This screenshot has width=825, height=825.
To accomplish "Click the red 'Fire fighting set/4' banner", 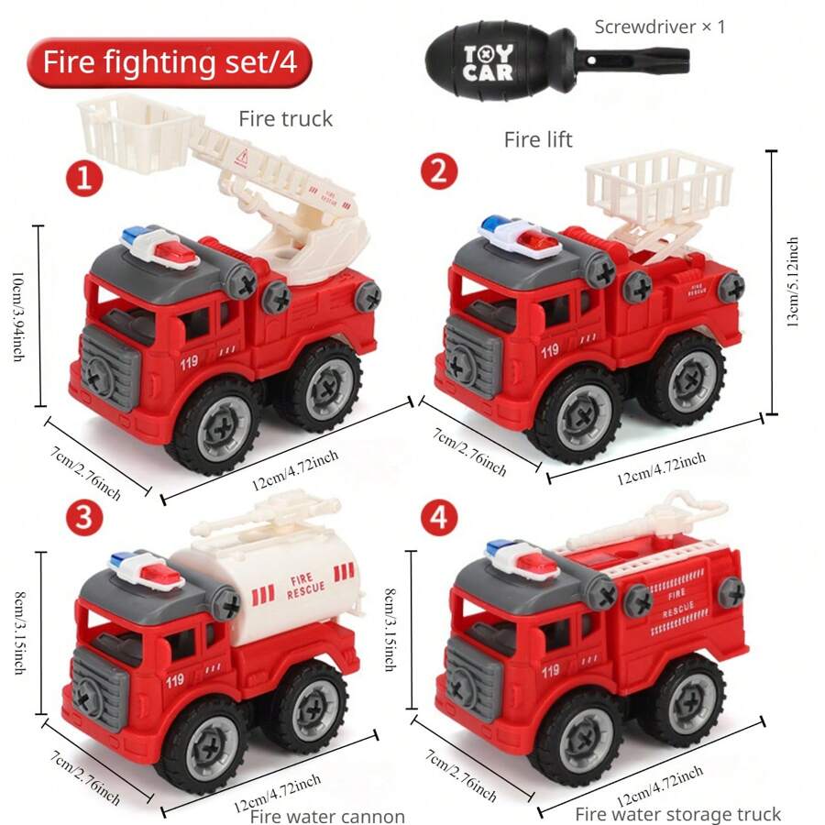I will pos(170,62).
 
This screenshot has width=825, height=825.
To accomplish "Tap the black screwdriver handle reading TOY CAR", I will pos(488,63).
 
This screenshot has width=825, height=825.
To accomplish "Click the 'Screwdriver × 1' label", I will pos(659,27).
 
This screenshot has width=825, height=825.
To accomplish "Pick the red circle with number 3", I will pos(84,518).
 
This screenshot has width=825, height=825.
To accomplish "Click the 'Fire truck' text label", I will pos(285,118).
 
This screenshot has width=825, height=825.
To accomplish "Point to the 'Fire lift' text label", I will pos(538,139).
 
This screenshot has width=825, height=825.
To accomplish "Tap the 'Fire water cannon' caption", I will pos(327,816).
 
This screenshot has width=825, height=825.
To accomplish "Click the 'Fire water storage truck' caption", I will pos(677,814).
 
